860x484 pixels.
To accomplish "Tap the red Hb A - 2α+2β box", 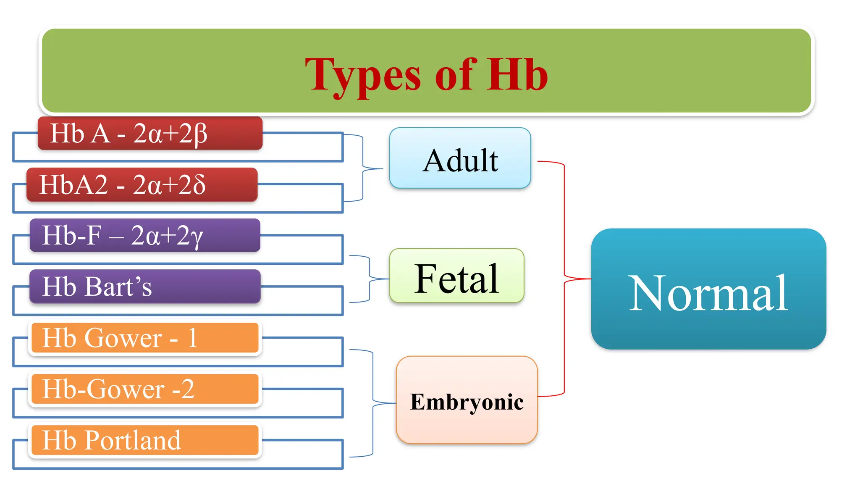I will tap(150, 134).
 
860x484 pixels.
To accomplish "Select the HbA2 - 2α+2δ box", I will tap(142, 185).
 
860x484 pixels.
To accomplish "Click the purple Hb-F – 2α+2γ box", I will tap(145, 235).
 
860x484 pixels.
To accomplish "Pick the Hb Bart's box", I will tap(145, 287).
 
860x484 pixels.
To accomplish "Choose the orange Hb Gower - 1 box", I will tap(145, 338).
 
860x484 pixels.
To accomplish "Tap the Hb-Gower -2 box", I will tap(145, 389).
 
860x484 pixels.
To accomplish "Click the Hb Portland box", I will tap(145, 440).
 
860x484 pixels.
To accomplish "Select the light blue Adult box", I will tap(460, 158).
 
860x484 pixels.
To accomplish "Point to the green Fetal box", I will tap(456, 276).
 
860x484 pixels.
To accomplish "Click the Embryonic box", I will tap(467, 400).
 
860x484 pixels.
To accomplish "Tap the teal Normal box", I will tap(708, 289).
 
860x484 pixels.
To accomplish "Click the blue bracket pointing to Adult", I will tap(363, 168).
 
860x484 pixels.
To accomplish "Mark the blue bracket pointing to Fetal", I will tap(370, 279).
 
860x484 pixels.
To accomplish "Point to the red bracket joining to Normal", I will tap(564, 278).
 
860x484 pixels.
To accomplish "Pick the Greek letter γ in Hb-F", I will tap(196, 237).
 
